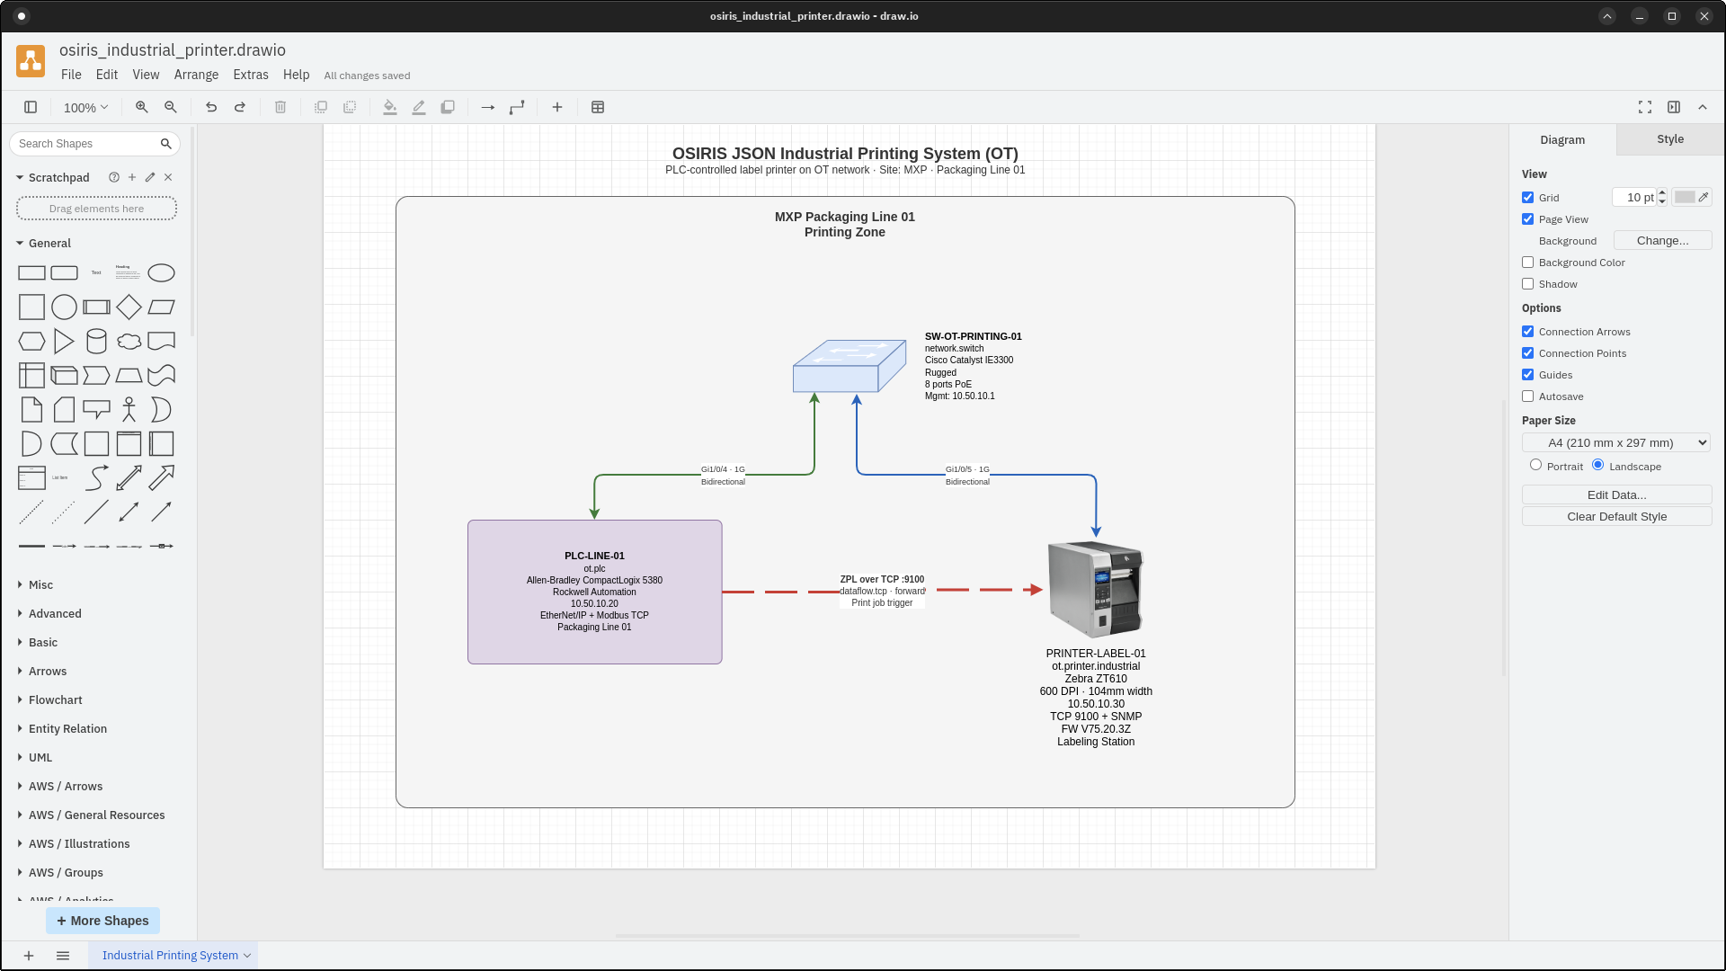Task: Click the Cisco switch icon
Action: click(849, 367)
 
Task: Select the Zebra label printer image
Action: click(1095, 589)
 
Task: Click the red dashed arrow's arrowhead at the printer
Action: click(1036, 590)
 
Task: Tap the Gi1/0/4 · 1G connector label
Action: click(723, 469)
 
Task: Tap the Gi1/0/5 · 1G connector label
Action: click(967, 469)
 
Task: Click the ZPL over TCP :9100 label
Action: click(881, 580)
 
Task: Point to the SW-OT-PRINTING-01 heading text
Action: click(973, 336)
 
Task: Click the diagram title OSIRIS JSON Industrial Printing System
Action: click(844, 154)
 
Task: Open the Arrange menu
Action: click(196, 75)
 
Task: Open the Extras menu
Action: click(250, 75)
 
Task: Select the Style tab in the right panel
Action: click(1669, 139)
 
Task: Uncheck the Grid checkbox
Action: click(1527, 198)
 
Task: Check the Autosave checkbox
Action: click(1527, 396)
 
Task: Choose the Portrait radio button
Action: click(1535, 466)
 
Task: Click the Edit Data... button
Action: click(1615, 495)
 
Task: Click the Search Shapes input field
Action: click(86, 144)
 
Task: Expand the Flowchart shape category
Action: click(55, 700)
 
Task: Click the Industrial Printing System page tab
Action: click(170, 955)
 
